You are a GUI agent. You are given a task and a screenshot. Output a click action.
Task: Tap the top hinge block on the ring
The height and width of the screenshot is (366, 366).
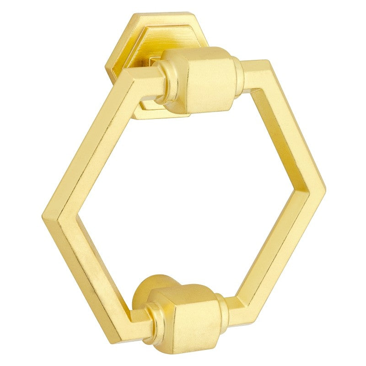[x=201, y=80]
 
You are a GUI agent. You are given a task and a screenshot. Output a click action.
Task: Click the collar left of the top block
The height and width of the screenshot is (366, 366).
[x=162, y=82]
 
